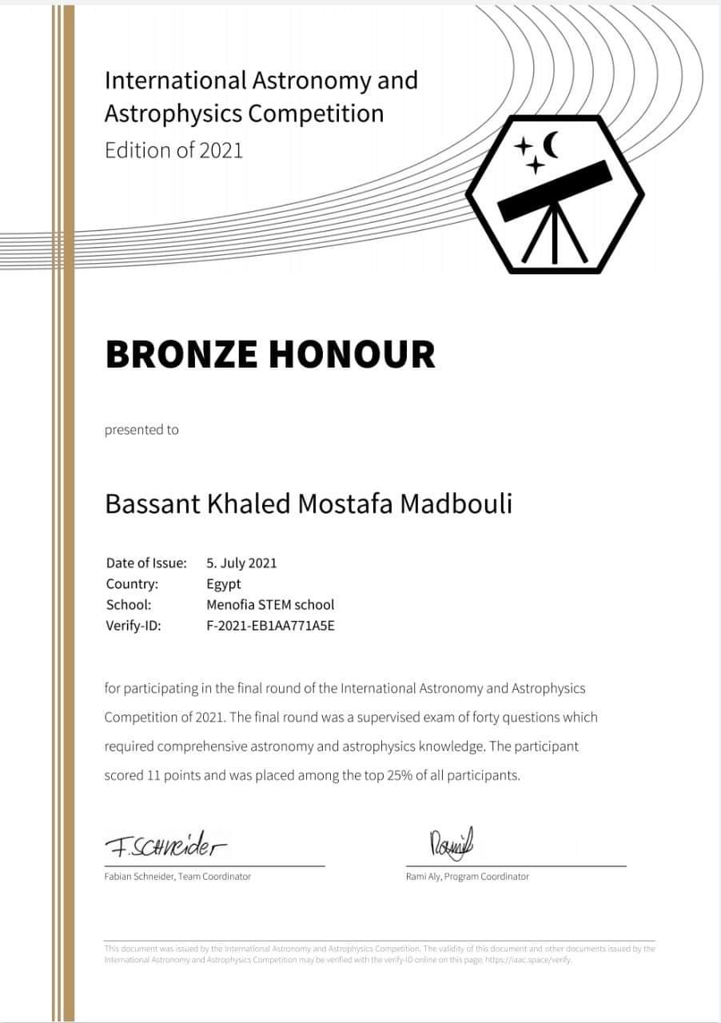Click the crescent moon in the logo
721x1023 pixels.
tap(552, 145)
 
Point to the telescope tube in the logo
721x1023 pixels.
tap(556, 190)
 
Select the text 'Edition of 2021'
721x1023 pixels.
tap(173, 149)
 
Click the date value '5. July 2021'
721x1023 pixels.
tap(241, 563)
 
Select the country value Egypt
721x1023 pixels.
tap(223, 583)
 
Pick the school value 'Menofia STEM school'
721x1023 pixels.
tap(270, 604)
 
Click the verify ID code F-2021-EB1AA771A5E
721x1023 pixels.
tap(270, 625)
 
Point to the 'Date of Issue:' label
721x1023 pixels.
tap(145, 563)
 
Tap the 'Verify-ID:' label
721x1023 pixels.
tap(133, 625)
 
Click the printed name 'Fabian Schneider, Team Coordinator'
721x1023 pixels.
tap(177, 877)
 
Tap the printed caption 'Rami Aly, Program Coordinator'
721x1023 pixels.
tap(467, 877)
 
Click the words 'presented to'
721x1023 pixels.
tap(141, 430)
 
